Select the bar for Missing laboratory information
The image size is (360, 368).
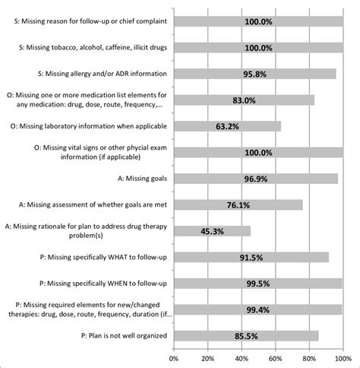pyautogui.click(x=227, y=126)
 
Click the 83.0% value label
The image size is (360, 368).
pyautogui.click(x=243, y=100)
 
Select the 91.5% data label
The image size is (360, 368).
pyautogui.click(x=250, y=258)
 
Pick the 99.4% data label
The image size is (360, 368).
pyautogui.click(x=257, y=309)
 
